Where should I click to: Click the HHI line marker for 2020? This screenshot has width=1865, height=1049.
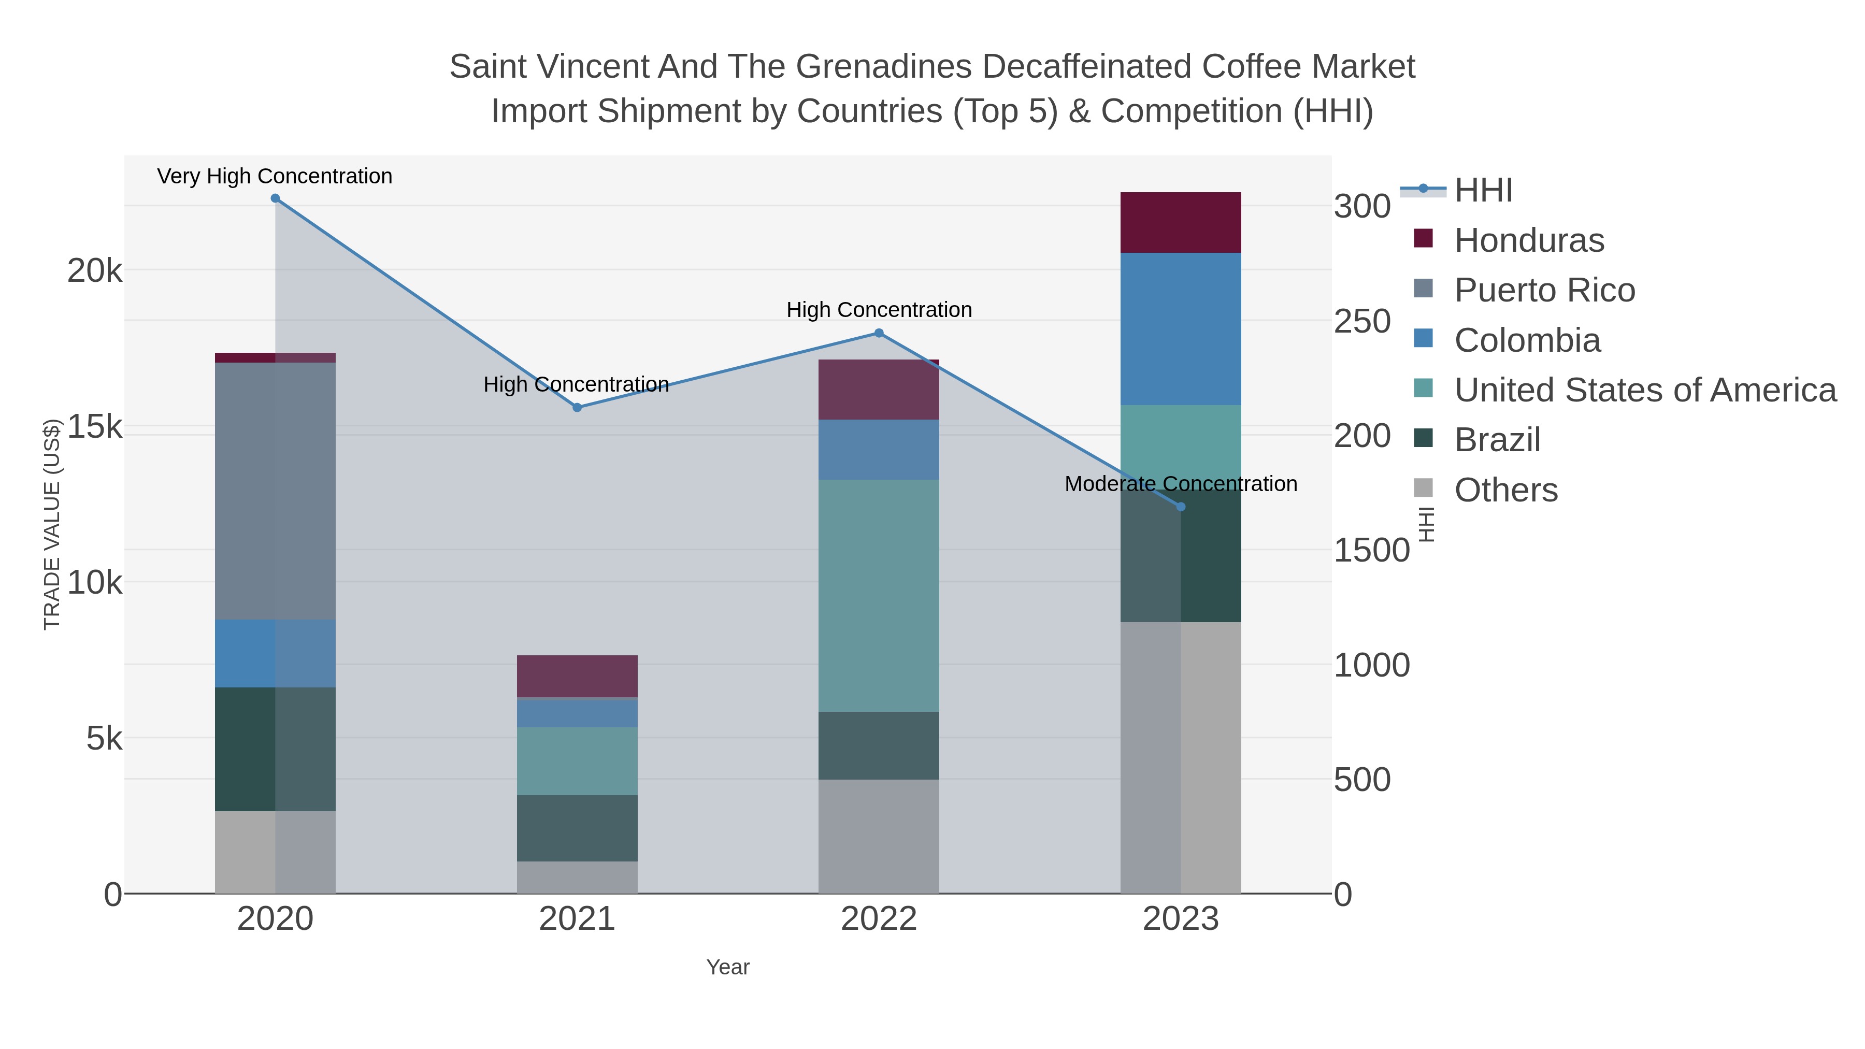pyautogui.click(x=275, y=198)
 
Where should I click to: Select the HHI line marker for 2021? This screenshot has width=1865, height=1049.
pyautogui.click(x=577, y=408)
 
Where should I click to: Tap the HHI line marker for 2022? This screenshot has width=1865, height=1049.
pyautogui.click(x=879, y=333)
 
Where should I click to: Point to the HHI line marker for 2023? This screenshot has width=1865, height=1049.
pyautogui.click(x=1181, y=507)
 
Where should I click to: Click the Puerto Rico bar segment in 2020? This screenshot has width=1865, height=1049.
pyautogui.click(x=275, y=491)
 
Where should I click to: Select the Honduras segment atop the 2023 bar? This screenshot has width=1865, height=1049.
pyautogui.click(x=1181, y=222)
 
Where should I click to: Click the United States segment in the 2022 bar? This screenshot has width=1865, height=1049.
pyautogui.click(x=879, y=595)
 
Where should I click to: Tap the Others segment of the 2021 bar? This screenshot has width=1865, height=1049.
pyautogui.click(x=577, y=878)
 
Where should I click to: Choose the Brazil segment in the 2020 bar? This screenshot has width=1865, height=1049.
pyautogui.click(x=275, y=749)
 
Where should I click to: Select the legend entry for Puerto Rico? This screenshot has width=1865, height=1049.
pyautogui.click(x=1544, y=290)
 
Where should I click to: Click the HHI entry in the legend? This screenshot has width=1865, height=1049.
pyautogui.click(x=1483, y=191)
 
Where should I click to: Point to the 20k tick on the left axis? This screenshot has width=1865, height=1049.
pyautogui.click(x=95, y=271)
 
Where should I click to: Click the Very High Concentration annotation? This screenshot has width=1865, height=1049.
pyautogui.click(x=275, y=176)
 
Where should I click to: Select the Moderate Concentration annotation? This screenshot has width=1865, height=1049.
pyautogui.click(x=1181, y=484)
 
